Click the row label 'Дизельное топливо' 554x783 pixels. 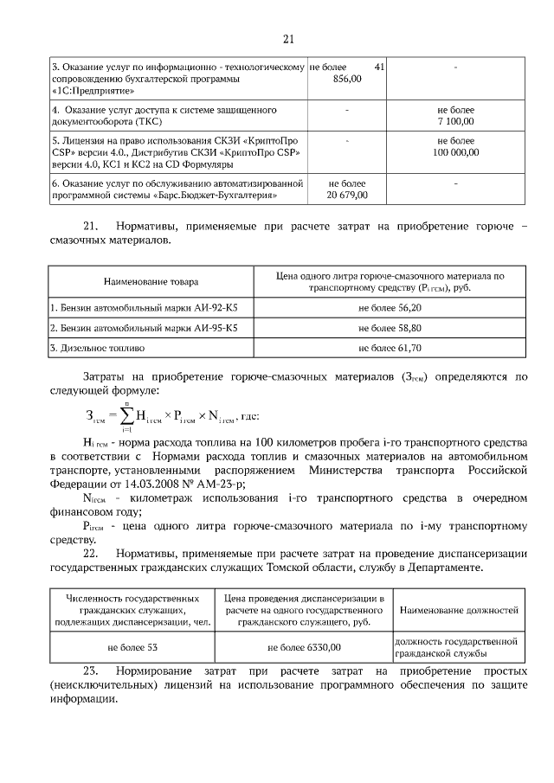pos(100,348)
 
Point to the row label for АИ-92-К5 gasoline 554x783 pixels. pos(143,307)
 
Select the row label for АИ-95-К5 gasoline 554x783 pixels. pos(143,328)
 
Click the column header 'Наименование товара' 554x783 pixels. pos(151,281)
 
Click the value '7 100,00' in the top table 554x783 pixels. pos(455,123)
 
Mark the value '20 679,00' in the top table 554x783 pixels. pos(347,195)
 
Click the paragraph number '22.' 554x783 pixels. pos(91,553)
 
